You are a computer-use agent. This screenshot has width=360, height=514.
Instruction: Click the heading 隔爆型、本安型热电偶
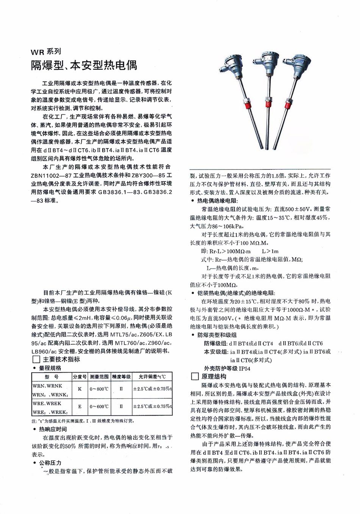(x=84, y=65)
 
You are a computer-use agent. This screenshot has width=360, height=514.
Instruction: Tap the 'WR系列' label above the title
(x=46, y=52)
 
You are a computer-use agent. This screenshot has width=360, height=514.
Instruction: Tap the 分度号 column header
(x=80, y=377)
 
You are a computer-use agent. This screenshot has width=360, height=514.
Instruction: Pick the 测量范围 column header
(x=99, y=377)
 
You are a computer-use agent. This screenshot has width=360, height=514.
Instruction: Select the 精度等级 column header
(x=121, y=377)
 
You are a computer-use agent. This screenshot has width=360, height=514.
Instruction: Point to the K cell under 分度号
(x=80, y=389)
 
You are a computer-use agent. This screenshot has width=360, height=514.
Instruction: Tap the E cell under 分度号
(x=80, y=407)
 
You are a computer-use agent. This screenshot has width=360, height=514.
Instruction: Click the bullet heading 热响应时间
(x=53, y=429)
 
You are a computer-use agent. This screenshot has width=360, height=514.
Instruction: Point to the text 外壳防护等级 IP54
(x=227, y=368)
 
